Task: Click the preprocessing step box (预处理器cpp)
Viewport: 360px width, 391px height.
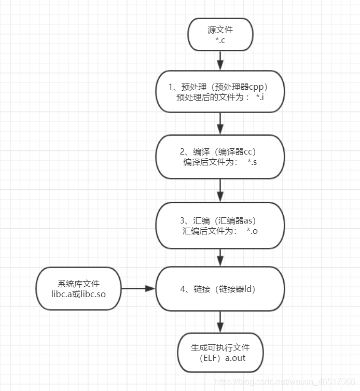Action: pos(220,92)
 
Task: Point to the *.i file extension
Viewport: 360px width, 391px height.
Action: pos(260,97)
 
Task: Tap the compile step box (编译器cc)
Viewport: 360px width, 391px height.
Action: pos(220,157)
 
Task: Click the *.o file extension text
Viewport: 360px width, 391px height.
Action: pos(252,231)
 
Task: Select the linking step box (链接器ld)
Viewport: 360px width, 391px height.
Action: pos(220,289)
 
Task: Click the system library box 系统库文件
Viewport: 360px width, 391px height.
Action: pos(78,289)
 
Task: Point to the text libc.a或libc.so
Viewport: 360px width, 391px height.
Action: pos(79,295)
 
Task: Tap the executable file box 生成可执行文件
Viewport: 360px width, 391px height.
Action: pos(220,352)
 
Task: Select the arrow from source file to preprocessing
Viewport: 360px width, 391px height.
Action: pos(220,61)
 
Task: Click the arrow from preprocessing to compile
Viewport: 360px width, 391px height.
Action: pos(220,123)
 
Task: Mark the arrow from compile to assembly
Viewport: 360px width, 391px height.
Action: pos(220,190)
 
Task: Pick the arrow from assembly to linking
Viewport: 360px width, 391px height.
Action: pos(220,257)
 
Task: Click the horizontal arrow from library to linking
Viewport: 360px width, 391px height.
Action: pos(138,289)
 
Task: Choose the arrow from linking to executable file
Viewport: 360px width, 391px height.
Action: pos(220,322)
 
